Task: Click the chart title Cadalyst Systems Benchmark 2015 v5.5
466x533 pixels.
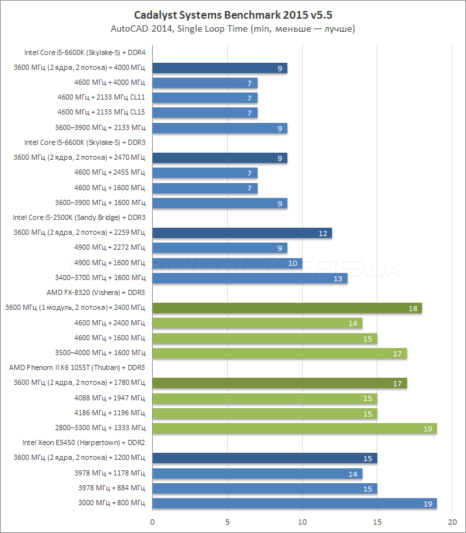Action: (233, 14)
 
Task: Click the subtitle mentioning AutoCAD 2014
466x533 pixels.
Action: (233, 28)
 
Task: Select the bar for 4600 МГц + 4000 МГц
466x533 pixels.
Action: (205, 83)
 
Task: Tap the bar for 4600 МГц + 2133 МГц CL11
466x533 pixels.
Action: (205, 98)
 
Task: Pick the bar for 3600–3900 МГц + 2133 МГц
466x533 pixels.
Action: (219, 128)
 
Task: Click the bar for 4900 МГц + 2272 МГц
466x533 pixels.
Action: (219, 248)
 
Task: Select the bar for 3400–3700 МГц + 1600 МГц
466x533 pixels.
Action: (250, 278)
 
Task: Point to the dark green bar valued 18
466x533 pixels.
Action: (287, 308)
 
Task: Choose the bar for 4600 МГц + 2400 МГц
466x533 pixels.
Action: (257, 323)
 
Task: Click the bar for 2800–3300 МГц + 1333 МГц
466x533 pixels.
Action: (294, 428)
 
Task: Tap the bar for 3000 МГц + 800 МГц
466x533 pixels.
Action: (294, 503)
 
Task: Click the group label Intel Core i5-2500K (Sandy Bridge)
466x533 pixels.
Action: (78, 217)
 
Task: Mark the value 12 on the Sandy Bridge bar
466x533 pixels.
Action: (323, 233)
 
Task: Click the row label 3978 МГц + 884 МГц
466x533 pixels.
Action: (111, 488)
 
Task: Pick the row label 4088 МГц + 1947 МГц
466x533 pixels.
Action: (112, 398)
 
